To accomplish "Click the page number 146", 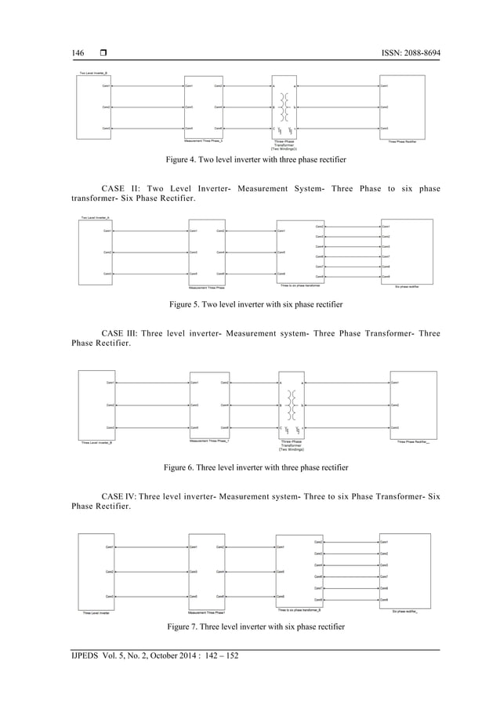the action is tap(78, 53).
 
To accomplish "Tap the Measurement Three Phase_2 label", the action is tap(203, 141).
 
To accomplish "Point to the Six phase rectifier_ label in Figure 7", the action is tap(405, 610).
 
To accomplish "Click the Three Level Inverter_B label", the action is tap(96, 442).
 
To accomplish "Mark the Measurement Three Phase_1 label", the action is tap(208, 441).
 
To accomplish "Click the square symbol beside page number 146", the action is tap(103, 53).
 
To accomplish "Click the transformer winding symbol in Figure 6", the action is tap(291, 405).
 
